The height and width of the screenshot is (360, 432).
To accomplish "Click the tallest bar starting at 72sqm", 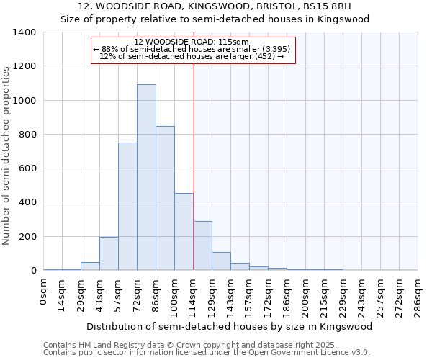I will (146, 177).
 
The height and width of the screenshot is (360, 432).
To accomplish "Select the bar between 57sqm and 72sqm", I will (127, 207).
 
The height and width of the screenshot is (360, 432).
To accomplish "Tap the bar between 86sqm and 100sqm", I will (165, 198).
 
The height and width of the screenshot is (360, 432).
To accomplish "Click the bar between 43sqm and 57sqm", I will (109, 253).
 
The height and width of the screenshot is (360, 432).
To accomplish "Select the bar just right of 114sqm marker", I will (202, 246).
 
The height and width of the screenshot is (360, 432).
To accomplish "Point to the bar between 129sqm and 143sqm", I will (221, 261).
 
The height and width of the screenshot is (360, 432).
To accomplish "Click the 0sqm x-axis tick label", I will (44, 292).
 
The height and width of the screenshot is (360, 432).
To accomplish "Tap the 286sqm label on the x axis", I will (418, 295).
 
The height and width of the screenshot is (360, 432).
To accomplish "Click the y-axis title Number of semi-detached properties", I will (7, 155).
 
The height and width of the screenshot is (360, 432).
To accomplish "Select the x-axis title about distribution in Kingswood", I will (230, 326).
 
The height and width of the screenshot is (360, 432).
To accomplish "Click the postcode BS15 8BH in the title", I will (330, 6).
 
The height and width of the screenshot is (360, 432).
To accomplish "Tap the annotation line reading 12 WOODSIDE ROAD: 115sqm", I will (192, 42).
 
